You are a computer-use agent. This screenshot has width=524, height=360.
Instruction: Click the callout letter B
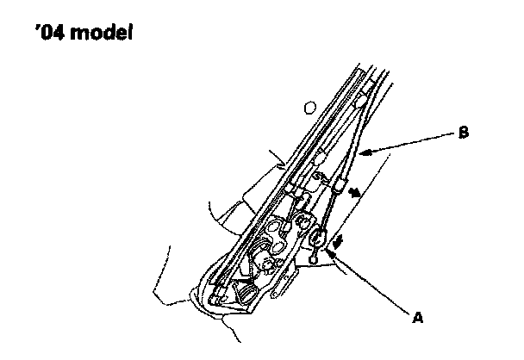point(465,133)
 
